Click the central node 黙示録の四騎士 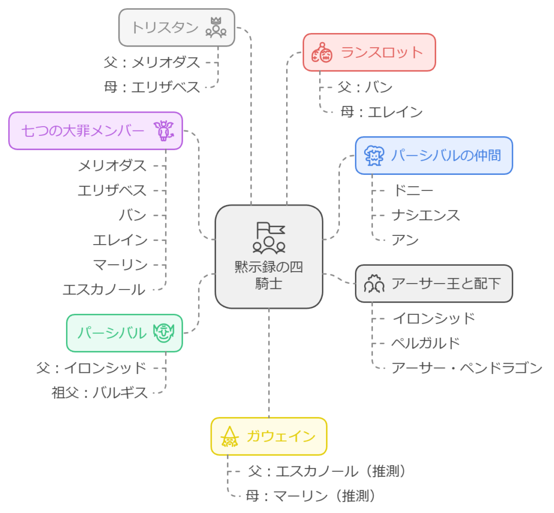(269, 256)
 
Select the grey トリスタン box (176, 27)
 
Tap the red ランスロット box (369, 52)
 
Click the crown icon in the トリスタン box (215, 27)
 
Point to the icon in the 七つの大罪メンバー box (163, 130)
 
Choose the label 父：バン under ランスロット (365, 87)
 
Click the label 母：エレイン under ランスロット (381, 112)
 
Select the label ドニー (412, 190)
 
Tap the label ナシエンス (426, 215)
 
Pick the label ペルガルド (426, 343)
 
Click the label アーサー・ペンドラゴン (467, 368)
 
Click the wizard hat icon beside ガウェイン (230, 436)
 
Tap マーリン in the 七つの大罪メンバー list (120, 265)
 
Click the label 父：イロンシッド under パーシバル (92, 368)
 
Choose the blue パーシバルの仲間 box (433, 156)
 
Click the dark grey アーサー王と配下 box (433, 283)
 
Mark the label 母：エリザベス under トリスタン (153, 87)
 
